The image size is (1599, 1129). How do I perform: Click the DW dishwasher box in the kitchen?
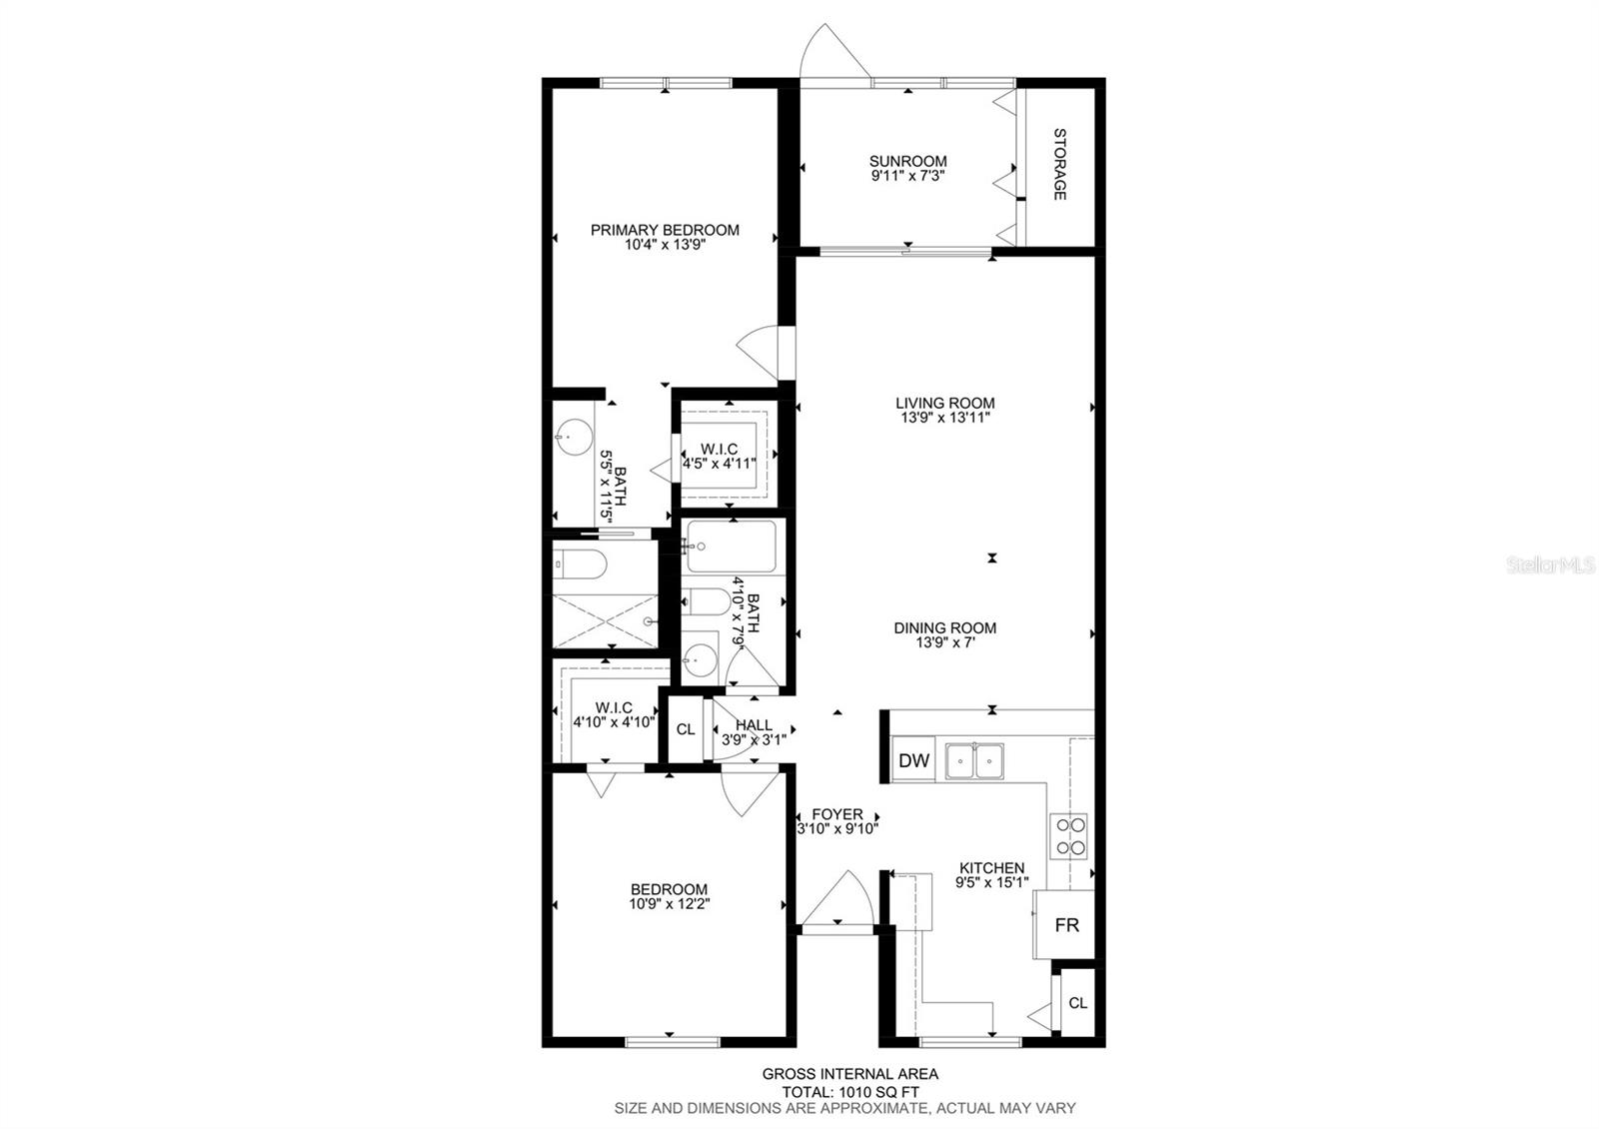(913, 760)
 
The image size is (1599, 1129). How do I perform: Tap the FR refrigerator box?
(1066, 925)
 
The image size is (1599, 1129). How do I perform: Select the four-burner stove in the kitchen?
(1069, 836)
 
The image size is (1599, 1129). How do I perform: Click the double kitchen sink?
(974, 761)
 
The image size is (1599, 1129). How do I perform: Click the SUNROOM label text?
(907, 161)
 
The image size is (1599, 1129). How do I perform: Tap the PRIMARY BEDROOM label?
(665, 230)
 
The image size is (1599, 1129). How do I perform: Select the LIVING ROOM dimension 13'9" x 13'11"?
(944, 419)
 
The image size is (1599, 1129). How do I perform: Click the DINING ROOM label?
(944, 628)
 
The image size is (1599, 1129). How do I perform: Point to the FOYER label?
(836, 814)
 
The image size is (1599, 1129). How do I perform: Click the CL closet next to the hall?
(686, 729)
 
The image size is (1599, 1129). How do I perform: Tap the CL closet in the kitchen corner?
(1077, 1002)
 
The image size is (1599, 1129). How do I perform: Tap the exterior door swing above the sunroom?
(832, 50)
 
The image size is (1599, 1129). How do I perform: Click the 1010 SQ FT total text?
(849, 1092)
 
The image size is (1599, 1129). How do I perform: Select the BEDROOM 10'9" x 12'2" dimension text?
(669, 904)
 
